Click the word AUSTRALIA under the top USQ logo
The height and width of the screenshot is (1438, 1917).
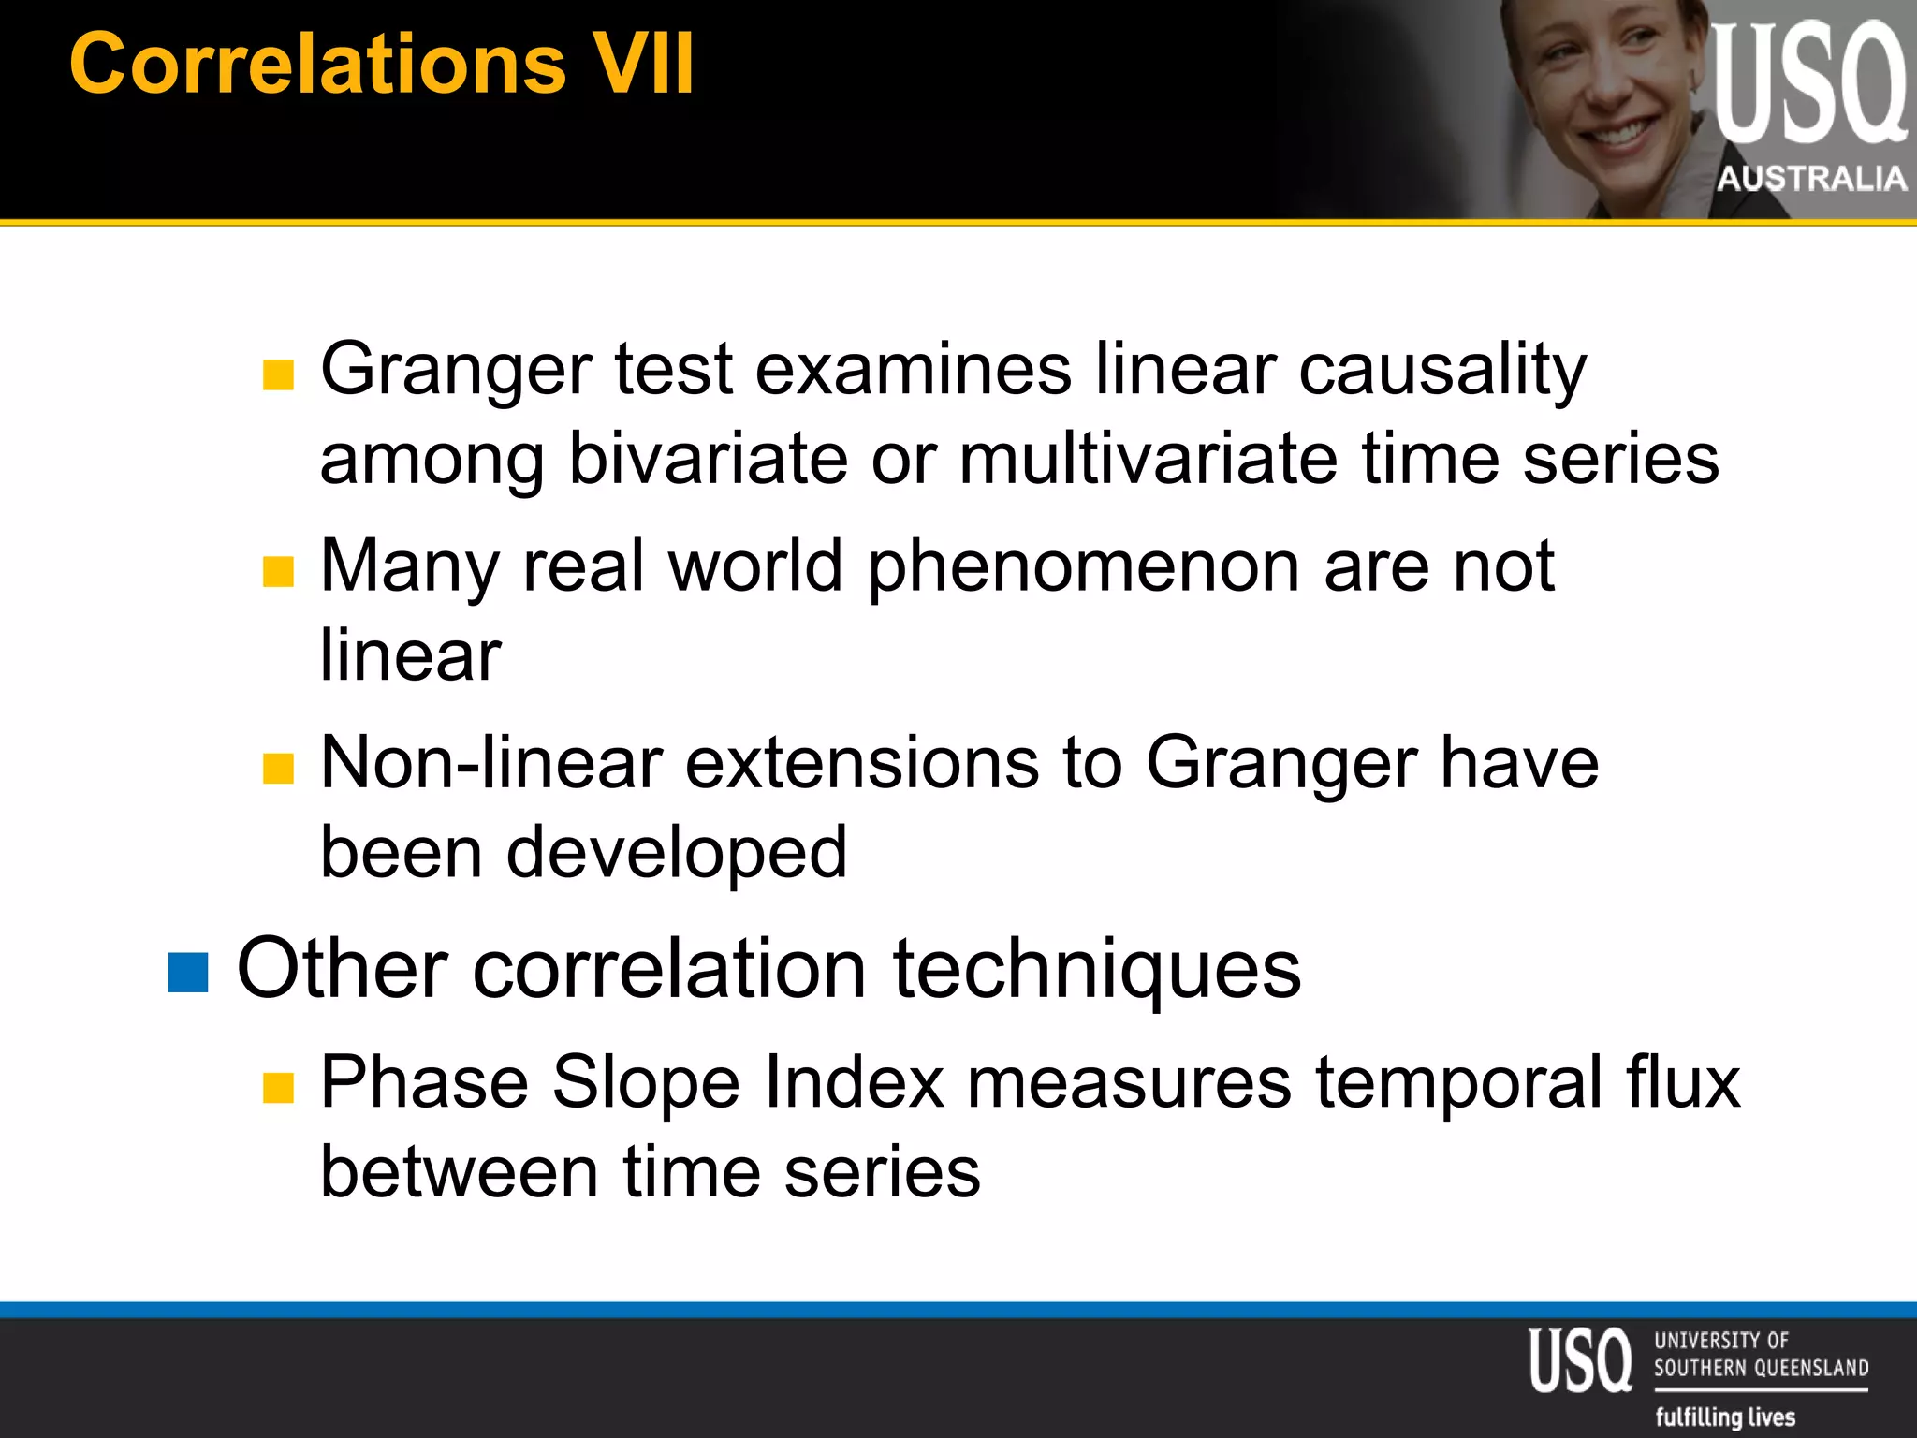click(1811, 178)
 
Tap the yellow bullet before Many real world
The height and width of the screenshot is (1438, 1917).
click(278, 571)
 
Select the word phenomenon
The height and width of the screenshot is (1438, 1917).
click(1084, 567)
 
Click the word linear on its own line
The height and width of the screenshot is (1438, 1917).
click(410, 655)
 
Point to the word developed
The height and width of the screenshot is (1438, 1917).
click(676, 853)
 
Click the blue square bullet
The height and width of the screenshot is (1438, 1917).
click(188, 972)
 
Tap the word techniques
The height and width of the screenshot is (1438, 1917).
click(1096, 970)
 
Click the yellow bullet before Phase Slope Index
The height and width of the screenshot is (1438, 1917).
click(278, 1088)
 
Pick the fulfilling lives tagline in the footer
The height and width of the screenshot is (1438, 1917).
click(1724, 1416)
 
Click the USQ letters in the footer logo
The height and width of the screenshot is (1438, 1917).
click(1580, 1359)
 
